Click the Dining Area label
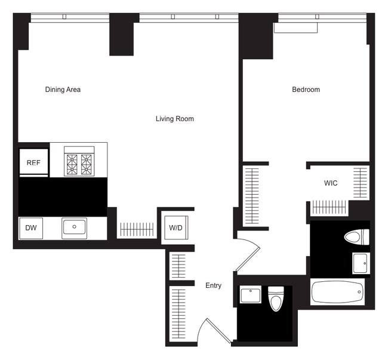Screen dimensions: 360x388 point(63,90)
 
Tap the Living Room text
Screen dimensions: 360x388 point(174,119)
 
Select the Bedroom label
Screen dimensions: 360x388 point(306,90)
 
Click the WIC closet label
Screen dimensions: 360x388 point(331,183)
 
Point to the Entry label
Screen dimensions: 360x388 point(213,285)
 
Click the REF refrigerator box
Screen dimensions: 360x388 point(33,162)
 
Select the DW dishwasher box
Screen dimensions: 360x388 point(30,228)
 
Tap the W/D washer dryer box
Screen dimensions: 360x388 point(175,227)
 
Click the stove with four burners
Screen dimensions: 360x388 point(80,162)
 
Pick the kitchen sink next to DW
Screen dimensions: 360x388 point(74,227)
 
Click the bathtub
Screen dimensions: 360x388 point(337,292)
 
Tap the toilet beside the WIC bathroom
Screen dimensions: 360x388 point(356,238)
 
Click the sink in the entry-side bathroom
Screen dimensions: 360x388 point(250,295)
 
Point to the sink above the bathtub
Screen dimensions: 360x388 point(360,263)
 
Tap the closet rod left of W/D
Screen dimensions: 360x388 point(137,229)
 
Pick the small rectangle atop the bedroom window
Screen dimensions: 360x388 point(295,27)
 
